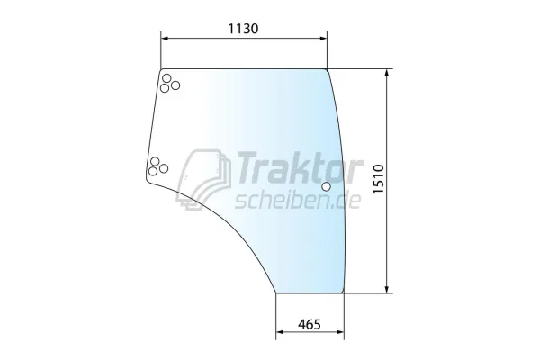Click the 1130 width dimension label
coord(244,29)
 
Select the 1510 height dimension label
coord(379,179)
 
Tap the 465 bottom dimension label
coord(310,324)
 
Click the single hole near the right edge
coord(326,186)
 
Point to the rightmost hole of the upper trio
coord(175,85)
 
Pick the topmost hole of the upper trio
coord(166,78)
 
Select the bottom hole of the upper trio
coord(165,88)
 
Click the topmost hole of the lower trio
coord(155,161)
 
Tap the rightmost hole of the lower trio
coord(164,168)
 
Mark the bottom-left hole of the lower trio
coord(153,171)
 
